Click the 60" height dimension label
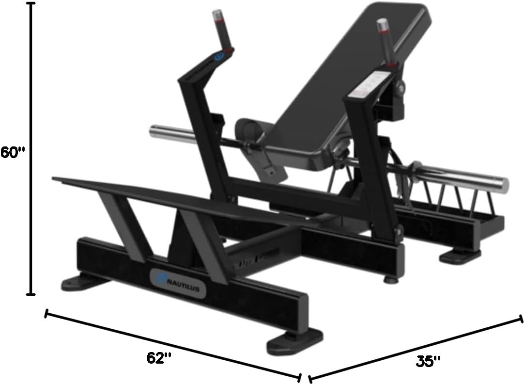[13, 152]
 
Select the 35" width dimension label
[429, 361]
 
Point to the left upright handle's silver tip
[216, 15]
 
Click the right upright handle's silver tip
[383, 24]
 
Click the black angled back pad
[349, 73]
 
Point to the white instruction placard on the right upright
[373, 82]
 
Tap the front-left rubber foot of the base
[77, 282]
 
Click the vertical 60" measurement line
[32, 145]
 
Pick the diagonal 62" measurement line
[172, 345]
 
